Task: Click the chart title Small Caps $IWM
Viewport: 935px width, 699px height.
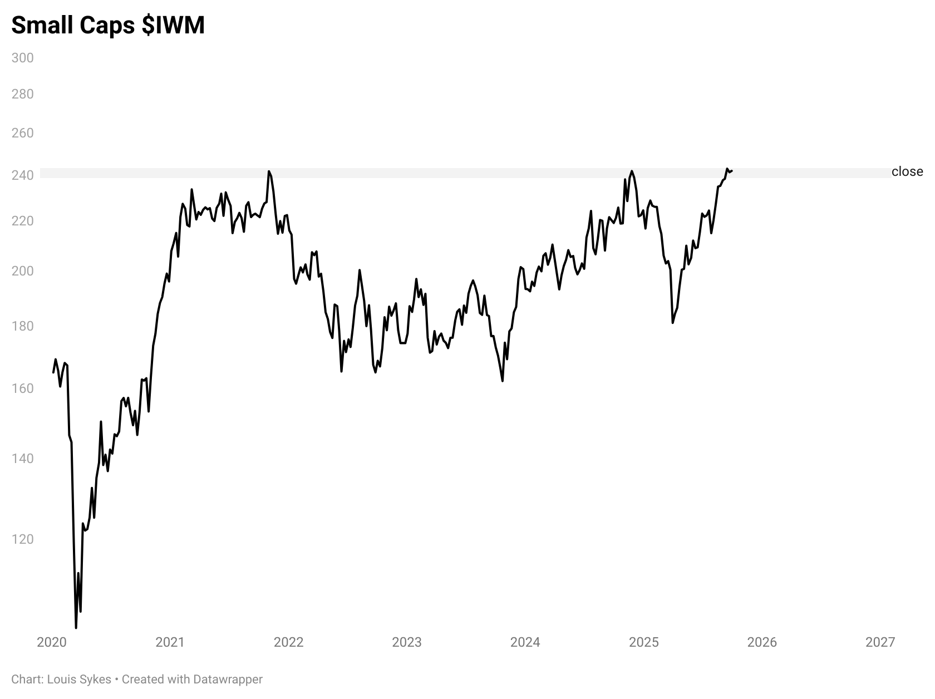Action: [108, 25]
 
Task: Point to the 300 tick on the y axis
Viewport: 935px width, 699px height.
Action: [23, 58]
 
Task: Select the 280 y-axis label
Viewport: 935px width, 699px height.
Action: [23, 94]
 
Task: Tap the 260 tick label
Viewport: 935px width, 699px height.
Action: [23, 133]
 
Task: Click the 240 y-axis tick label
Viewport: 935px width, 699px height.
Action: [23, 175]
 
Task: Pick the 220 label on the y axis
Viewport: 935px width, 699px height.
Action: [23, 221]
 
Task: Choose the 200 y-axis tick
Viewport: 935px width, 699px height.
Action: [23, 271]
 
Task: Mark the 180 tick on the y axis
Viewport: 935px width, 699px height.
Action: [23, 326]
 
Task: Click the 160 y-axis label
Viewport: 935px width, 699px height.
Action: [23, 388]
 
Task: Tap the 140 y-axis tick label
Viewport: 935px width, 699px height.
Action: [23, 459]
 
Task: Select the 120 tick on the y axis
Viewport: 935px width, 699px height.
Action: [23, 539]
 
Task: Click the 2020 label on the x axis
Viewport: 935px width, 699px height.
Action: [52, 642]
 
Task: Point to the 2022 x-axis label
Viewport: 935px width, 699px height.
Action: [289, 642]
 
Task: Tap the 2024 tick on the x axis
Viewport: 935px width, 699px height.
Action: [525, 642]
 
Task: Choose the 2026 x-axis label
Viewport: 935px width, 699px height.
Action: [762, 642]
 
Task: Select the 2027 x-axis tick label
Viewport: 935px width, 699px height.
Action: [880, 642]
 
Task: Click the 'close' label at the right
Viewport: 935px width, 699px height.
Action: [907, 171]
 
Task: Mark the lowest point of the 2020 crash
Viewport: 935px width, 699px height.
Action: [76, 628]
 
